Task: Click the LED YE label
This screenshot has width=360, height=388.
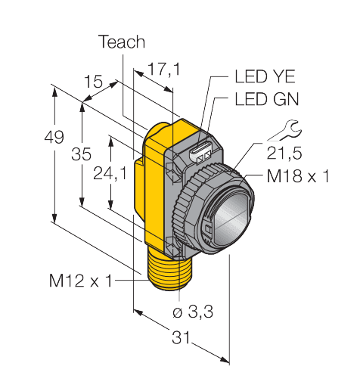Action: [x=262, y=76]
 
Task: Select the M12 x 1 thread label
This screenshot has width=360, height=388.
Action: [x=80, y=281]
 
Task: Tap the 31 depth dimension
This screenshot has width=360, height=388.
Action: [x=180, y=339]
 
